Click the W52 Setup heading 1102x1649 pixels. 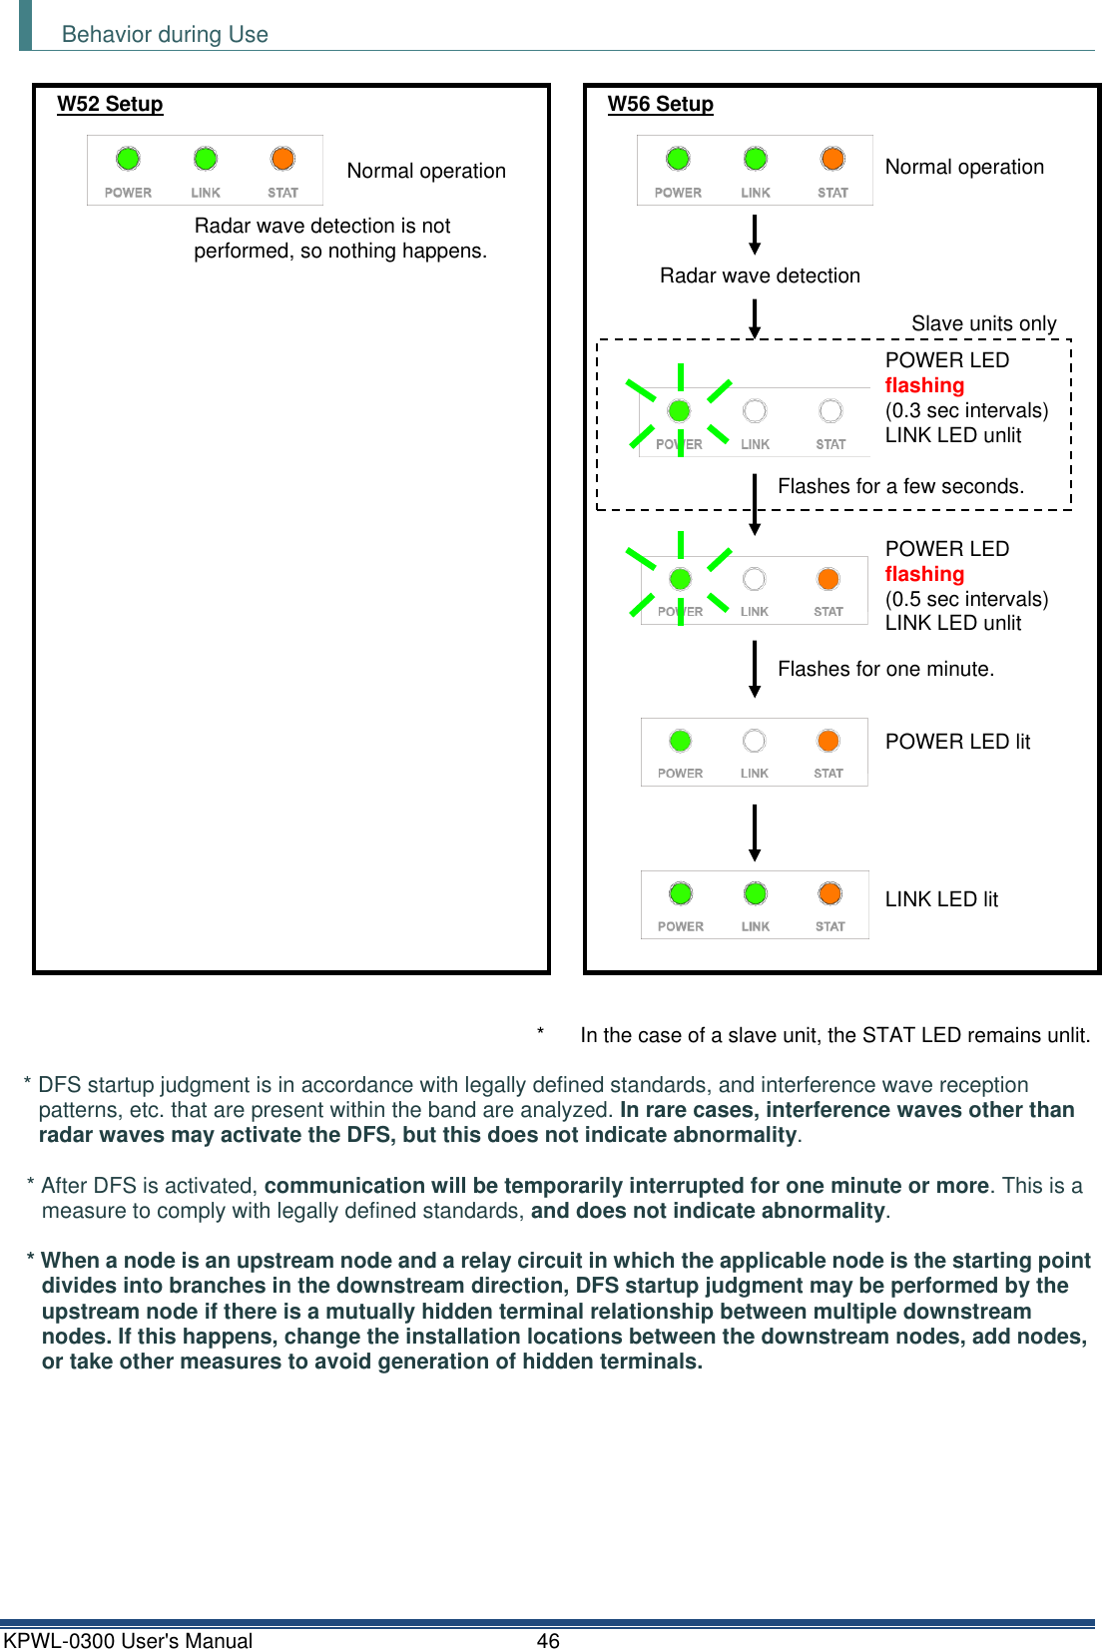tap(110, 104)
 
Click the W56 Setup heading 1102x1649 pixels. tap(660, 104)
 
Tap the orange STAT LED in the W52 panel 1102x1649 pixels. tap(283, 159)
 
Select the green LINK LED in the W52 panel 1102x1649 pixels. tap(206, 159)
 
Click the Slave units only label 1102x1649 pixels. tap(983, 323)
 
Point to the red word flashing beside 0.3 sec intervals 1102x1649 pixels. tap(924, 385)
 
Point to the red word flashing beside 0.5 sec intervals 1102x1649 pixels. tap(924, 574)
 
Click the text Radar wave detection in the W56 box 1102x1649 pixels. tap(760, 275)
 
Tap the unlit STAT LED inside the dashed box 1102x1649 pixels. tap(830, 411)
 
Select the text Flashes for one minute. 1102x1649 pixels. tap(885, 669)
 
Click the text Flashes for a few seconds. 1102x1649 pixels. tap(900, 486)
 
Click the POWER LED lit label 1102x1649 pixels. tap(957, 742)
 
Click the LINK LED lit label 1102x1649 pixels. tap(941, 899)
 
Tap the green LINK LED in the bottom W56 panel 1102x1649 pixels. tap(756, 893)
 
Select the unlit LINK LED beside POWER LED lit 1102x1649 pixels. tap(755, 741)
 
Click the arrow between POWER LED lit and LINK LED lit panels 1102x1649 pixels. tap(755, 832)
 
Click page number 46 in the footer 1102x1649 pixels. tap(548, 1640)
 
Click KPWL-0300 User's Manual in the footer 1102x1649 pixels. tap(128, 1640)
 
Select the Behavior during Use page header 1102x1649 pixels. tap(165, 35)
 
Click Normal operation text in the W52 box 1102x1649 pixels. tap(426, 171)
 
